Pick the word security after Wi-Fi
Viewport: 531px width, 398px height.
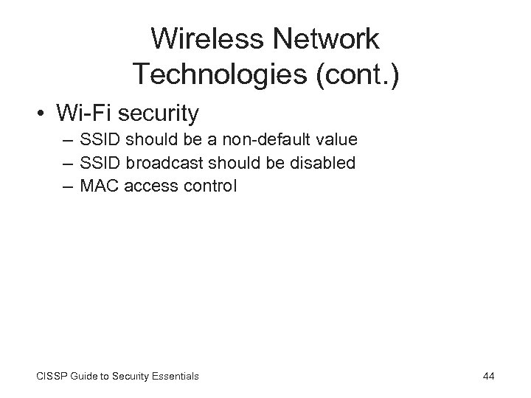pyautogui.click(x=160, y=113)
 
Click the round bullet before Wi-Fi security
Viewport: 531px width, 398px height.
pyautogui.click(x=46, y=114)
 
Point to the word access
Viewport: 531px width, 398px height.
pyautogui.click(x=147, y=186)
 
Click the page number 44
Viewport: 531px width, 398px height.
pyautogui.click(x=487, y=376)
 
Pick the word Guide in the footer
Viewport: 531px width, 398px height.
pyautogui.click(x=90, y=376)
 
